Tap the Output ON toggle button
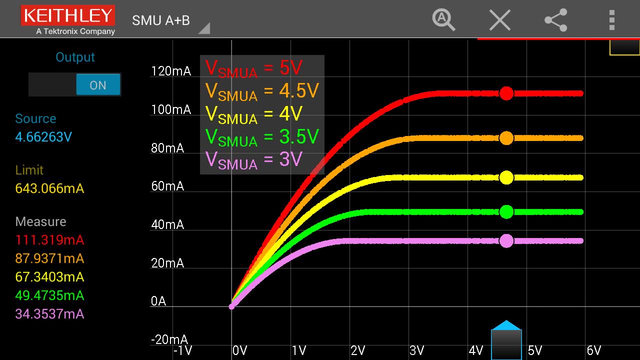click(x=98, y=84)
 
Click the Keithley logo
click(x=67, y=19)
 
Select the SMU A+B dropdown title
click(x=161, y=20)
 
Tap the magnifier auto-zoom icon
click(x=443, y=20)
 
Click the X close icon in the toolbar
click(x=499, y=20)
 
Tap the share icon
click(x=556, y=20)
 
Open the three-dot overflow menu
click(x=611, y=20)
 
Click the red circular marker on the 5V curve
click(x=506, y=93)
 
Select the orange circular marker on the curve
click(x=506, y=138)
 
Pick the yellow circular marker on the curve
click(x=506, y=177)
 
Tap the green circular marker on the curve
click(x=506, y=212)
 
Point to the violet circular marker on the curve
click(x=506, y=241)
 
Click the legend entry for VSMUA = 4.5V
click(x=262, y=91)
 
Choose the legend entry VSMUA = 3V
click(x=254, y=160)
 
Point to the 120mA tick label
click(x=171, y=71)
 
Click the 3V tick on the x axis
click(x=416, y=350)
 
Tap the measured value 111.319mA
click(x=49, y=240)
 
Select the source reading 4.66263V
click(x=43, y=137)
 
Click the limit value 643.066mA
click(x=49, y=188)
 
